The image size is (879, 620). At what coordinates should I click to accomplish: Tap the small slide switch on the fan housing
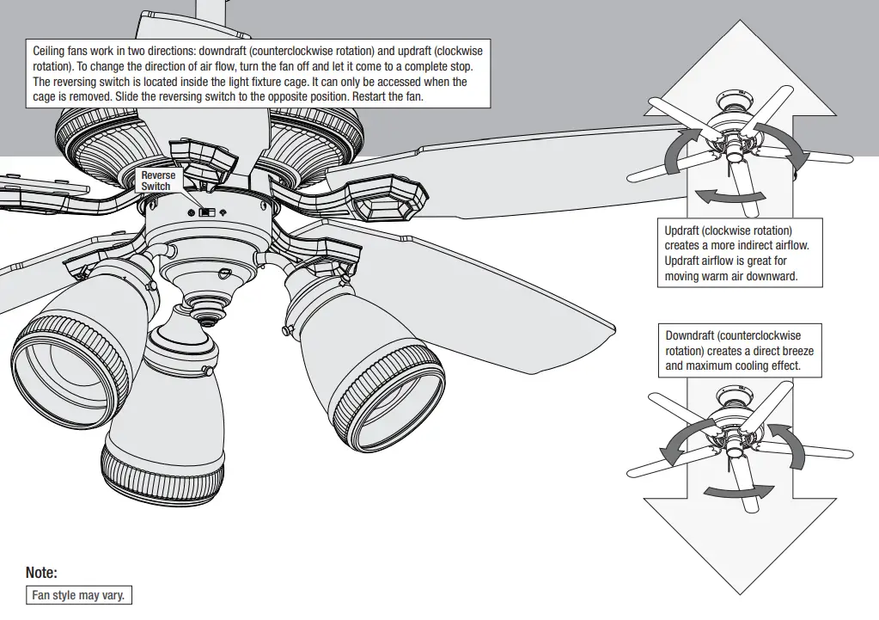pos(205,212)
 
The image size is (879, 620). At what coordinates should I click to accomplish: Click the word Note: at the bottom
pos(41,572)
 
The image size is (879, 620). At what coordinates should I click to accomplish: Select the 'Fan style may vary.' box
pos(79,595)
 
